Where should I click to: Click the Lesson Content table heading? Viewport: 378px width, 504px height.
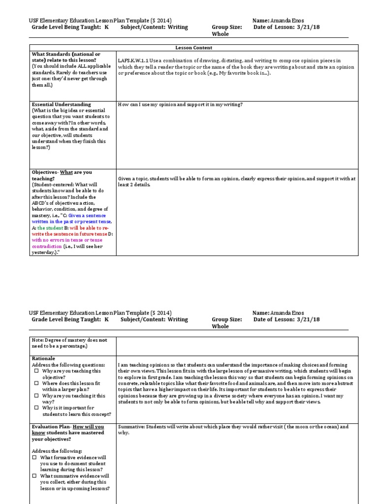click(x=193, y=48)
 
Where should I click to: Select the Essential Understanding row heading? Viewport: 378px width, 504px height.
click(x=61, y=104)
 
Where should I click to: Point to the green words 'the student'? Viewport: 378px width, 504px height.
click(x=50, y=228)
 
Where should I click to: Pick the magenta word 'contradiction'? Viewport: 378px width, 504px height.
click(x=47, y=246)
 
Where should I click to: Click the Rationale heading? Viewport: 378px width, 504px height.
click(x=43, y=358)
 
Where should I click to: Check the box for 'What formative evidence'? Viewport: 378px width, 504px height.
click(x=35, y=457)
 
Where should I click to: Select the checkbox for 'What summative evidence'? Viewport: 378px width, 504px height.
click(x=35, y=476)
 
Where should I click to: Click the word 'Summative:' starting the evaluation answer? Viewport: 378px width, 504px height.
click(x=132, y=427)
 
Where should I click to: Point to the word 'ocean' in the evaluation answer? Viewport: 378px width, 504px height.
click(x=325, y=427)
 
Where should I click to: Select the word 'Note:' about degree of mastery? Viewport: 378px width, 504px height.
click(x=37, y=340)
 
